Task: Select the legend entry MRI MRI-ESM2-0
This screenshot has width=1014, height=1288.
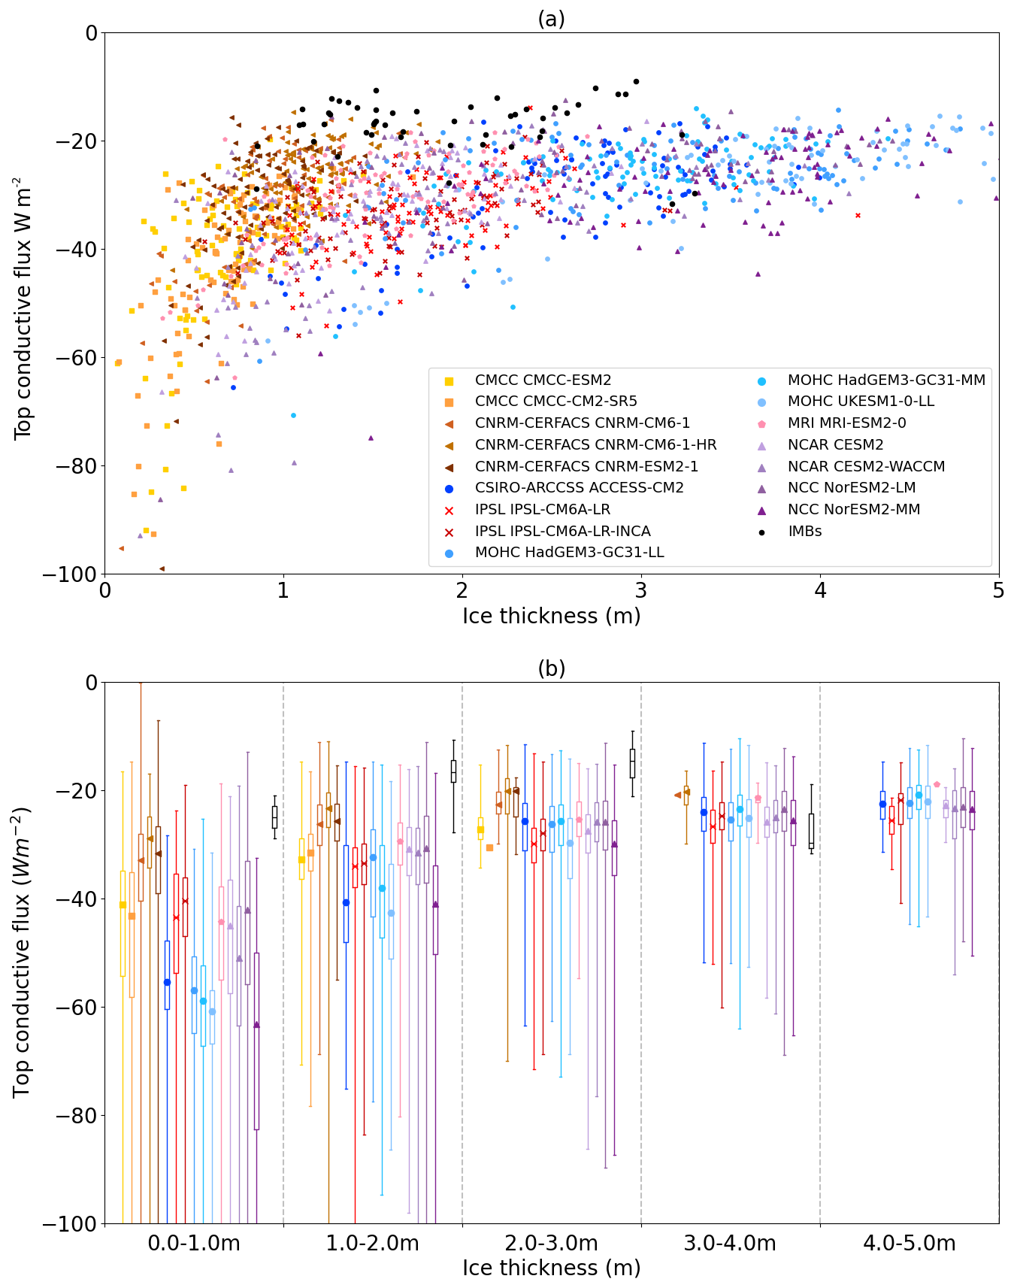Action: [x=846, y=423]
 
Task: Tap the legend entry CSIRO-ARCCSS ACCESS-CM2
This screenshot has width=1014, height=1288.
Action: [x=579, y=488]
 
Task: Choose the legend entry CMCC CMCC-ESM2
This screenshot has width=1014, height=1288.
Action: [x=543, y=380]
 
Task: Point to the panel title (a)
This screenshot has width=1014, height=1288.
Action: [x=551, y=19]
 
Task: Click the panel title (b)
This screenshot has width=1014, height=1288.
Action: [x=551, y=668]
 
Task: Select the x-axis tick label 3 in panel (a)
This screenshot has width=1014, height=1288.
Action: [x=641, y=590]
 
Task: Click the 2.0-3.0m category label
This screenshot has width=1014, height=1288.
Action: [x=551, y=1243]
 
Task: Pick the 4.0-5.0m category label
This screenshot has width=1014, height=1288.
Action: [x=909, y=1243]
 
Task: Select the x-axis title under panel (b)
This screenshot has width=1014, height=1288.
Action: [x=551, y=1268]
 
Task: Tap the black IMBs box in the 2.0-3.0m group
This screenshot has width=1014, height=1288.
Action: [x=632, y=763]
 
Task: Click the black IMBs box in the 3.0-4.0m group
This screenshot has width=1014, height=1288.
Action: [x=811, y=831]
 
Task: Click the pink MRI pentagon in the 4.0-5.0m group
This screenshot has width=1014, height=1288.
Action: [x=937, y=784]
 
